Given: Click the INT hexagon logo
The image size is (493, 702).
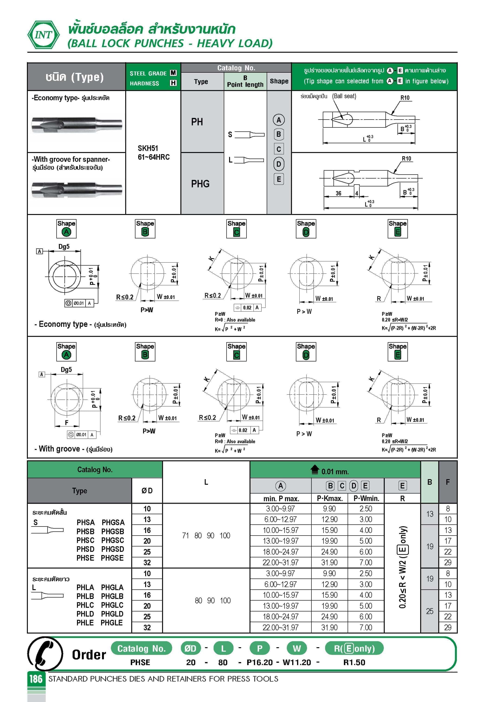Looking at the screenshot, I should click(44, 35).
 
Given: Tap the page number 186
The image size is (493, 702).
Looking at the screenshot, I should click(36, 679).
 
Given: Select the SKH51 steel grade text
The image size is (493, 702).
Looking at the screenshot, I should click(148, 148).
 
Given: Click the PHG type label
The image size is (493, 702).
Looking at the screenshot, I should click(200, 184).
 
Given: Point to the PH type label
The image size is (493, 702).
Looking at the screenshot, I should click(197, 122).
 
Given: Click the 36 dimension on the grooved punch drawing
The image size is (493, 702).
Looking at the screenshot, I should click(338, 193).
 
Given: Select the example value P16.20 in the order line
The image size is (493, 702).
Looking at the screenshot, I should click(259, 662).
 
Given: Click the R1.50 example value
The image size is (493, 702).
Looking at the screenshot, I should click(354, 662).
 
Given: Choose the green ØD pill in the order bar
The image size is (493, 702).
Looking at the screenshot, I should click(190, 648).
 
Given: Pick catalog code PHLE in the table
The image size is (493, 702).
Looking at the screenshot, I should click(85, 623).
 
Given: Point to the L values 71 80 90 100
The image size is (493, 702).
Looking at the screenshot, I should click(206, 535).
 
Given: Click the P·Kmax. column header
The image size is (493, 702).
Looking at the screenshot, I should click(330, 498).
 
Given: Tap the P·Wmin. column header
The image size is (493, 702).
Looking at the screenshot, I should click(366, 498).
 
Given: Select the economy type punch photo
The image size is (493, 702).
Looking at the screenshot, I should click(77, 125).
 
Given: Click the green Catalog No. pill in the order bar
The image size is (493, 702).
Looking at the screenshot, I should click(141, 648).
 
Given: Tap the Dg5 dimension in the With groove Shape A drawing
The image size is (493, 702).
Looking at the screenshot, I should click(66, 369).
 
